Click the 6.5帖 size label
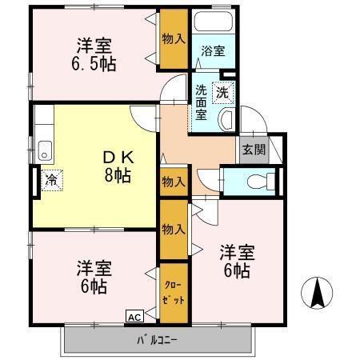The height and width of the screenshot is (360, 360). tap(94, 63)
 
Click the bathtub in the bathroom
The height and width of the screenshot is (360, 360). tap(213, 27)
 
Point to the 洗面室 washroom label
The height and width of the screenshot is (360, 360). tap(202, 102)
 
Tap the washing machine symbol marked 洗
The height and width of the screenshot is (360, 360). tap(224, 91)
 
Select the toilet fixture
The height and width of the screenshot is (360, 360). tap(257, 178)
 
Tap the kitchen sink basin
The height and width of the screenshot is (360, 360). tap(45, 149)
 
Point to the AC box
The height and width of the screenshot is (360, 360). tap(134, 317)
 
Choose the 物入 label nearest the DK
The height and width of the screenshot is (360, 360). tap(172, 182)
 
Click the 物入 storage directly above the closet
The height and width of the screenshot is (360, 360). tap(172, 230)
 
